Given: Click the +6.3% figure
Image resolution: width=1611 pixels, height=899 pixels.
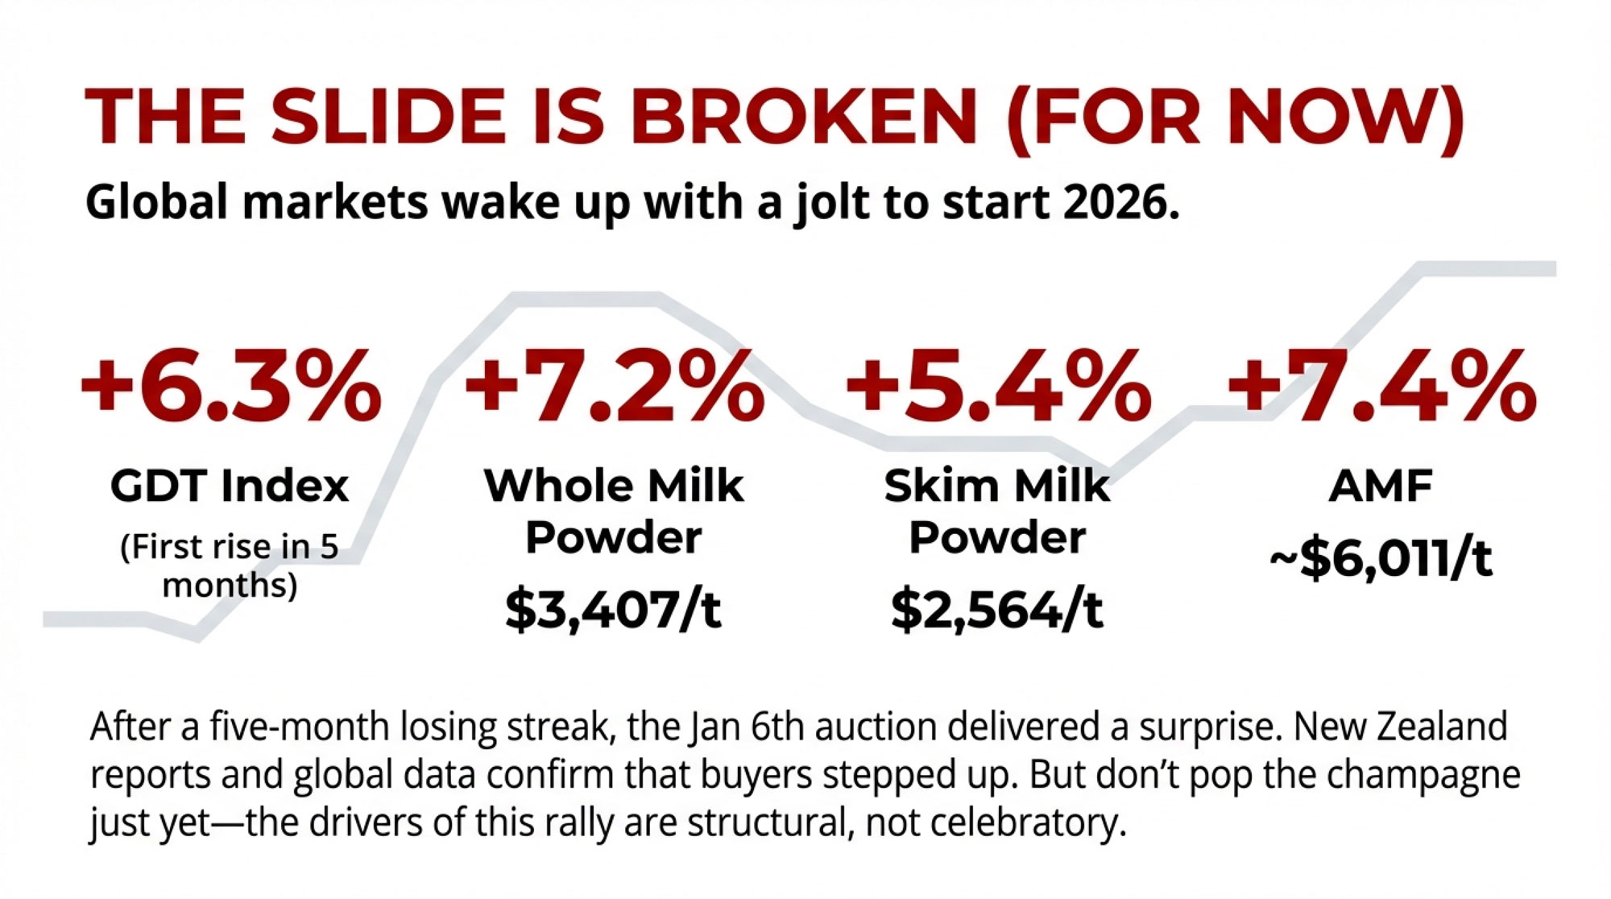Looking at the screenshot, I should [230, 387].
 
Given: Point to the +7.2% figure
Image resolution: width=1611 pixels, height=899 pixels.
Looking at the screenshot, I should [614, 387].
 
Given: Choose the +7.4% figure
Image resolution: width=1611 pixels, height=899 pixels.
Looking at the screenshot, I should [1381, 387].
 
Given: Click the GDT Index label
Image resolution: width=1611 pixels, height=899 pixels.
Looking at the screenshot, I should [230, 486].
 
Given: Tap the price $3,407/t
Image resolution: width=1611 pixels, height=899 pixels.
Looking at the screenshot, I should [613, 609].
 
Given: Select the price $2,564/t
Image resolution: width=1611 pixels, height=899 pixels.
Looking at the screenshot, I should [996, 609].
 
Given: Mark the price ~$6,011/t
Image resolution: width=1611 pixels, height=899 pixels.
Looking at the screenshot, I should [1381, 559].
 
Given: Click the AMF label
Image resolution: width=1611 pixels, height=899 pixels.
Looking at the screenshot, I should [1381, 486].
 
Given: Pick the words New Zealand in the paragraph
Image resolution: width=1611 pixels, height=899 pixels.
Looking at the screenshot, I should [1401, 727].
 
